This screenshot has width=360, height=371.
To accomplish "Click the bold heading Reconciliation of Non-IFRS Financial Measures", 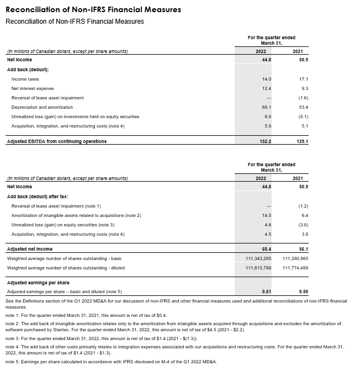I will pos(93,10).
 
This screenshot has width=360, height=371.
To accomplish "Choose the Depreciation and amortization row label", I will pos(42,107).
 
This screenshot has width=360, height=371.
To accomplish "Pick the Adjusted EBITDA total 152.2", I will pos(264,141).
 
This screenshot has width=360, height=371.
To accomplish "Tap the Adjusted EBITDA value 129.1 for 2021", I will pos(301,141).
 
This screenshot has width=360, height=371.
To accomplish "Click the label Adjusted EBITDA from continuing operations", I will pos(56,141).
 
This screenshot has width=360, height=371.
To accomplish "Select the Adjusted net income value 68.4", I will pos(266,250).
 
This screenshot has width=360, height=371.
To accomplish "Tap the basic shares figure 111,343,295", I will pos(258,258).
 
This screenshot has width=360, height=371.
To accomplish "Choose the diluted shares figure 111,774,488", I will pos(295,268).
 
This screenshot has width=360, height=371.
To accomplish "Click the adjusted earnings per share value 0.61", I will pos(266,291).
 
